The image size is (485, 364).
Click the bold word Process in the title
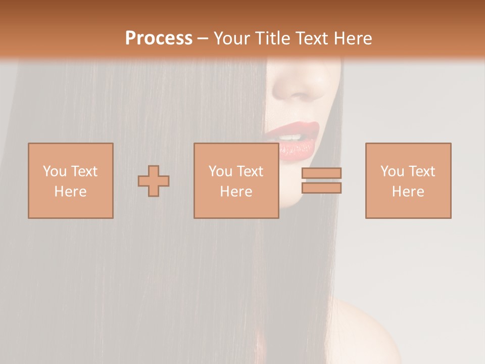(x=159, y=38)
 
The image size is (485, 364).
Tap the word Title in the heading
(x=273, y=38)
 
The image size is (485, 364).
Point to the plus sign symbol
(x=154, y=181)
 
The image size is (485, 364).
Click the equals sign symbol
(x=321, y=180)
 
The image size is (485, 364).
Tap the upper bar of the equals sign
(x=321, y=173)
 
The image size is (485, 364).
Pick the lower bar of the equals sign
(x=321, y=188)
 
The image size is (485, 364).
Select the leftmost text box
(x=70, y=180)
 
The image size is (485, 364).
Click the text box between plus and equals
(x=236, y=180)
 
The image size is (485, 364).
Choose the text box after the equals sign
(x=408, y=180)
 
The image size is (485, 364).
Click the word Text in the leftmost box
(x=84, y=171)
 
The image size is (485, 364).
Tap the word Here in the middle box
(x=236, y=192)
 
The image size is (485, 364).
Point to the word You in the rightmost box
(x=392, y=171)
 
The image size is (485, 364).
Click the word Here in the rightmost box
(x=408, y=192)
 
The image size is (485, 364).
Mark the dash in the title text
(x=203, y=39)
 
